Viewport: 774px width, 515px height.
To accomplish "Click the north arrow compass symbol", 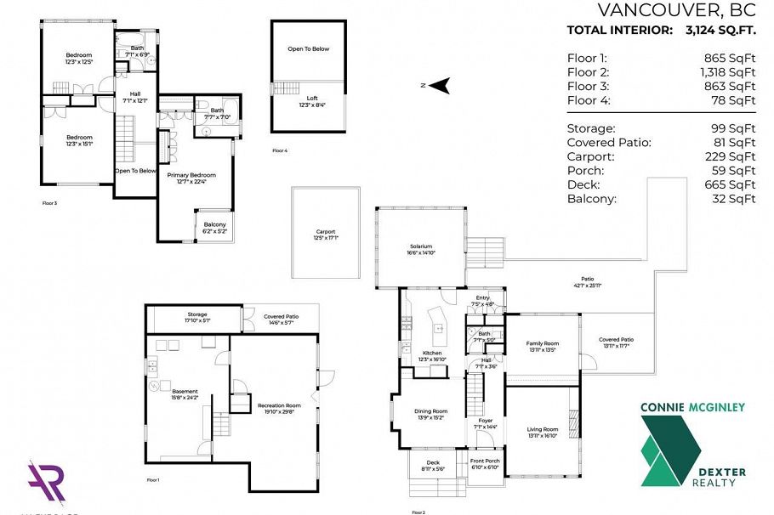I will click(x=439, y=85).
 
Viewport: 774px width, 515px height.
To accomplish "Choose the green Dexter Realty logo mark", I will click(x=669, y=450).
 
